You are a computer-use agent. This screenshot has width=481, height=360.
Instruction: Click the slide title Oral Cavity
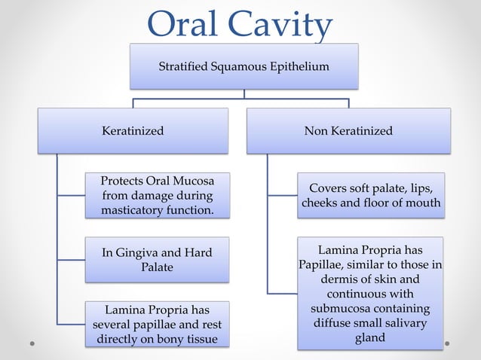[x=240, y=24]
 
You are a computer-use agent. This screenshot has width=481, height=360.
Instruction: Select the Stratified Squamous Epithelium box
[x=244, y=66]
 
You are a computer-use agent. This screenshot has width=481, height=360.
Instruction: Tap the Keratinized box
[x=133, y=131]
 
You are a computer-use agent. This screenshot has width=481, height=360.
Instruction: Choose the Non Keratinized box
[x=348, y=131]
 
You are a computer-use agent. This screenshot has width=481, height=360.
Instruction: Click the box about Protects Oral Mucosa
[x=157, y=196]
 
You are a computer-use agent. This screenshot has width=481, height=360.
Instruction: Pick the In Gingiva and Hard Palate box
[x=157, y=260]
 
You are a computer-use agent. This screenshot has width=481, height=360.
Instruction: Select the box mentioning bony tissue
[x=157, y=324]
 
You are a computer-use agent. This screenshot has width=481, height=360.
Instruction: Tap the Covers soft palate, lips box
[x=370, y=196]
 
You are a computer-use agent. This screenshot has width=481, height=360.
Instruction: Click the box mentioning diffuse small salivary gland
[x=370, y=293]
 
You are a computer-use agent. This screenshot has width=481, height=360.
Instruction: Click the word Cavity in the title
[x=284, y=26]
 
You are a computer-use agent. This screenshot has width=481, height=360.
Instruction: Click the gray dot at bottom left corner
[x=32, y=343]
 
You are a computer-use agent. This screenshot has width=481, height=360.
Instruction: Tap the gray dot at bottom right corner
[x=447, y=343]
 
